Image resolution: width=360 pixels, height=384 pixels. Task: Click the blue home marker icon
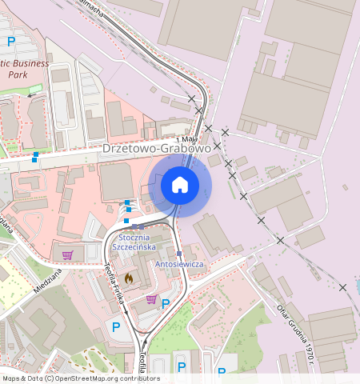(180, 186)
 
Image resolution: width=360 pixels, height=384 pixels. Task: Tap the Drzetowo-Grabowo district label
(157, 149)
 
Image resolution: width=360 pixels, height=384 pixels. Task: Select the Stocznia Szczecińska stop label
(134, 242)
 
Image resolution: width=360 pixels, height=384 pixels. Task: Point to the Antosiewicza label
(179, 264)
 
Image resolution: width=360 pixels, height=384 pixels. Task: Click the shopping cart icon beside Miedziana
(67, 255)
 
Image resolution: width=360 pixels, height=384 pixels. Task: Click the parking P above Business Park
(11, 41)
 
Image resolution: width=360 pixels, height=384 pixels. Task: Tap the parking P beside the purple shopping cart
(166, 304)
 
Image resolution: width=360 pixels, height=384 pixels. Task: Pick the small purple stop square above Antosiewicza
(178, 253)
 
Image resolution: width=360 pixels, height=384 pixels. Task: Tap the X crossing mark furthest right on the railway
(342, 287)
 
